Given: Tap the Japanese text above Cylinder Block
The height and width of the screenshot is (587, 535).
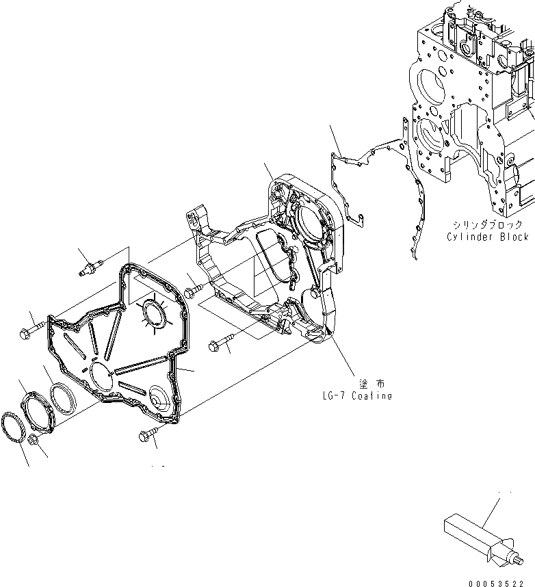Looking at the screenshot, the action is [x=486, y=224].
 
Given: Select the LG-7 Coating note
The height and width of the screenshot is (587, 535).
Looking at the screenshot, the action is [x=356, y=396].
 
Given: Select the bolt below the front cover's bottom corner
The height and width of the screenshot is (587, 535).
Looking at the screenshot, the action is [x=148, y=433].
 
